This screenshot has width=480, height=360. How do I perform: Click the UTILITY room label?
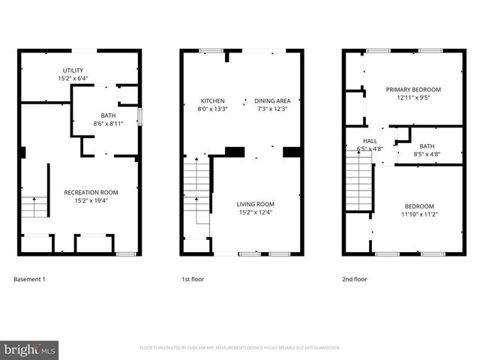click(73, 70)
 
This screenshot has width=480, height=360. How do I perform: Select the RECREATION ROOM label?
click(91, 192)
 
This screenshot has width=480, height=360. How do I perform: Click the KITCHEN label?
click(211, 100)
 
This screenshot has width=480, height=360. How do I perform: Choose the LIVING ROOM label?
click(256, 204)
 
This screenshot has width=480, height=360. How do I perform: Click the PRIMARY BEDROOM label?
click(413, 89)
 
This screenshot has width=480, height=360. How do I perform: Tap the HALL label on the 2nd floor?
click(370, 140)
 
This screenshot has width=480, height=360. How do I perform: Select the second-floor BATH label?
click(427, 146)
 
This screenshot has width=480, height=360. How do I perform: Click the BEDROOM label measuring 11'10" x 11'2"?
click(419, 206)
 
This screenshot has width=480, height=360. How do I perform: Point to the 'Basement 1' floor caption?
click(30, 280)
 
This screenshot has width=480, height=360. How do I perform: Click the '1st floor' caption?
click(193, 280)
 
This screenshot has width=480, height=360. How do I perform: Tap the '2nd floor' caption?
click(355, 280)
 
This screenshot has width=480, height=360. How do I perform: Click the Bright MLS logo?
click(29, 349)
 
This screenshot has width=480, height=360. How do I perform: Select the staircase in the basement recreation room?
click(34, 206)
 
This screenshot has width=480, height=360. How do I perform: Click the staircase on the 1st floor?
click(196, 191)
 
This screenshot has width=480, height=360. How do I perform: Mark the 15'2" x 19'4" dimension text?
click(91, 200)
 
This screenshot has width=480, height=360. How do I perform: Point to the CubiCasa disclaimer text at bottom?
click(240, 348)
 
